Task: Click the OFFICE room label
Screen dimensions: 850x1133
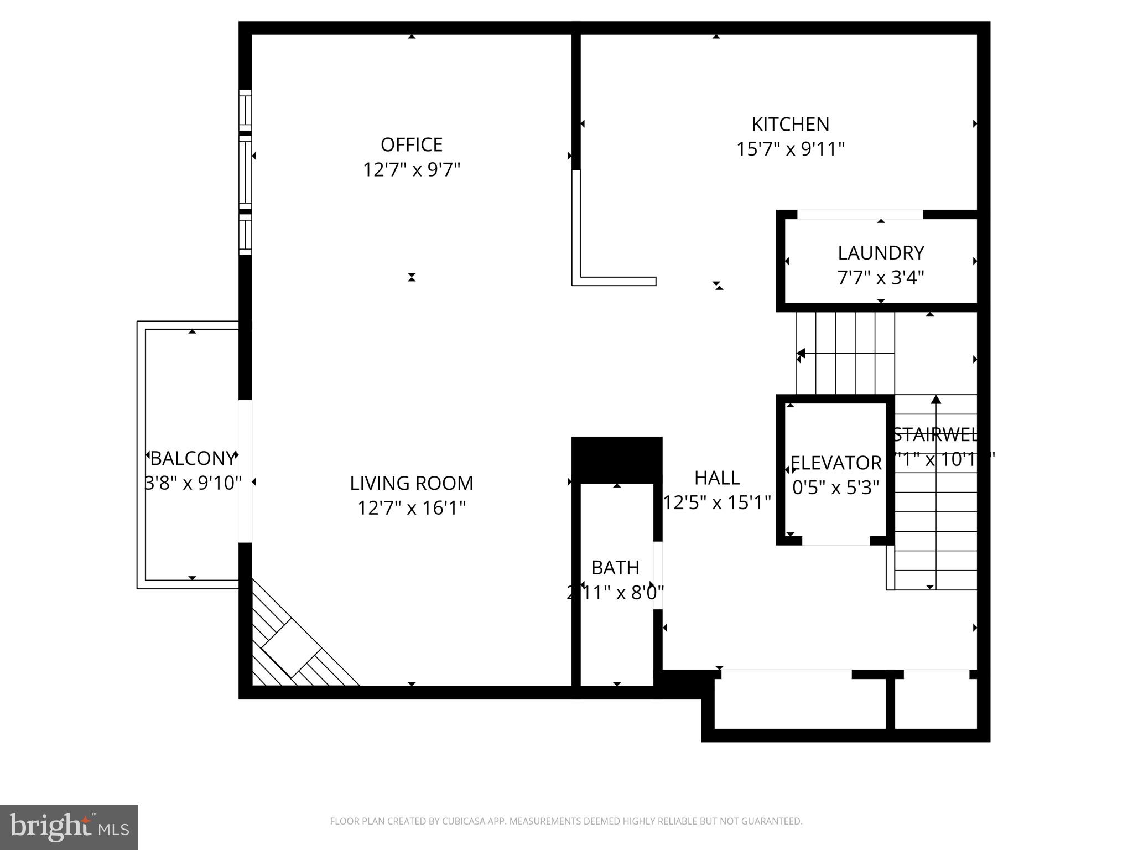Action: pyautogui.click(x=411, y=144)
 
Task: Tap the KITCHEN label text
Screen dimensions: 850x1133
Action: pyautogui.click(x=790, y=124)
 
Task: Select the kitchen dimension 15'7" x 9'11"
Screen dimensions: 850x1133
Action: pyautogui.click(x=790, y=149)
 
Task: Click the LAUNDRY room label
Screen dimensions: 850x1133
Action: pyautogui.click(x=881, y=253)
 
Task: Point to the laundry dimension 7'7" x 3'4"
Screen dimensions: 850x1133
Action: pyautogui.click(x=881, y=277)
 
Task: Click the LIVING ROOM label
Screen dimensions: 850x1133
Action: pyautogui.click(x=411, y=483)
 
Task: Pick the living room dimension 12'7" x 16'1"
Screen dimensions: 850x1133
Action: pyautogui.click(x=411, y=507)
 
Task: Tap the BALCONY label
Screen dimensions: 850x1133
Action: pyautogui.click(x=193, y=458)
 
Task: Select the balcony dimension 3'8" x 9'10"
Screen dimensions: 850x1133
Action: pyautogui.click(x=193, y=483)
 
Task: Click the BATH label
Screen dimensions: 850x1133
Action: pyautogui.click(x=615, y=568)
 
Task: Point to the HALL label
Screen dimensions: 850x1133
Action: pyautogui.click(x=717, y=478)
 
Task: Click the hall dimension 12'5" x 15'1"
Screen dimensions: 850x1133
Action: pyautogui.click(x=717, y=502)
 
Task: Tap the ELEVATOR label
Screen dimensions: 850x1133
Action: pyautogui.click(x=836, y=463)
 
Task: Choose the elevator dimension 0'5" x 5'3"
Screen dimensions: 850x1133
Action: pyautogui.click(x=836, y=488)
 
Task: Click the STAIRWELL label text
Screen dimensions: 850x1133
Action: pyautogui.click(x=935, y=435)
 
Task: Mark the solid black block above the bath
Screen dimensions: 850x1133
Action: pyautogui.click(x=617, y=459)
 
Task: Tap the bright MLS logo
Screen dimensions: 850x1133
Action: pyautogui.click(x=69, y=827)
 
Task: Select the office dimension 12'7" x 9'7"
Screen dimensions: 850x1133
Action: pyautogui.click(x=411, y=169)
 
